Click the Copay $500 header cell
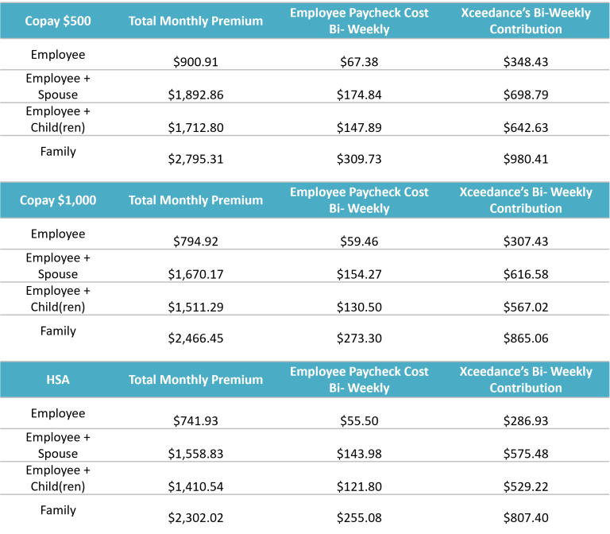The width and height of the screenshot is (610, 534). pyautogui.click(x=58, y=21)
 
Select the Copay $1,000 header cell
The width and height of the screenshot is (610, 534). pyautogui.click(x=58, y=200)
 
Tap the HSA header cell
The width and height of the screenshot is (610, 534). pyautogui.click(x=58, y=380)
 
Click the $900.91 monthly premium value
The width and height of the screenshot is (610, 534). pyautogui.click(x=195, y=61)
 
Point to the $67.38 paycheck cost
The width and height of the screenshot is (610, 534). pyautogui.click(x=359, y=61)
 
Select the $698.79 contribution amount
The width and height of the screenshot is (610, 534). pyautogui.click(x=526, y=95)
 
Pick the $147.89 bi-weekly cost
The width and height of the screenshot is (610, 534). pyautogui.click(x=359, y=127)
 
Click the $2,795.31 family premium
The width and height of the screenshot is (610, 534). pyautogui.click(x=195, y=159)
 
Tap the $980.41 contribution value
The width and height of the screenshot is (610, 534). pyautogui.click(x=526, y=159)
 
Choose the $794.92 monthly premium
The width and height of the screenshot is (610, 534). pyautogui.click(x=195, y=242)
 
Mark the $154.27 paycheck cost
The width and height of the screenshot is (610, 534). pyautogui.click(x=359, y=274)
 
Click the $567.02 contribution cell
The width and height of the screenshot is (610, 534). pyautogui.click(x=526, y=307)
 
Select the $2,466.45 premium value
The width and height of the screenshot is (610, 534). pyautogui.click(x=195, y=338)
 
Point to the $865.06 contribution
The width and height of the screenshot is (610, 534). pyautogui.click(x=526, y=338)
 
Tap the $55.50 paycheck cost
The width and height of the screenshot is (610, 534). pyautogui.click(x=359, y=420)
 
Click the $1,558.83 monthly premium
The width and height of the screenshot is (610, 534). pyautogui.click(x=195, y=454)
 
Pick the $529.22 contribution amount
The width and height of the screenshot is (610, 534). pyautogui.click(x=526, y=486)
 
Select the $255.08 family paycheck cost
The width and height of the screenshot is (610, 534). pyautogui.click(x=359, y=517)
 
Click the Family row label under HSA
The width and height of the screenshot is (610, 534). pyautogui.click(x=58, y=510)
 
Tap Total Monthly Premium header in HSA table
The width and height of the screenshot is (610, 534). pyautogui.click(x=195, y=380)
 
